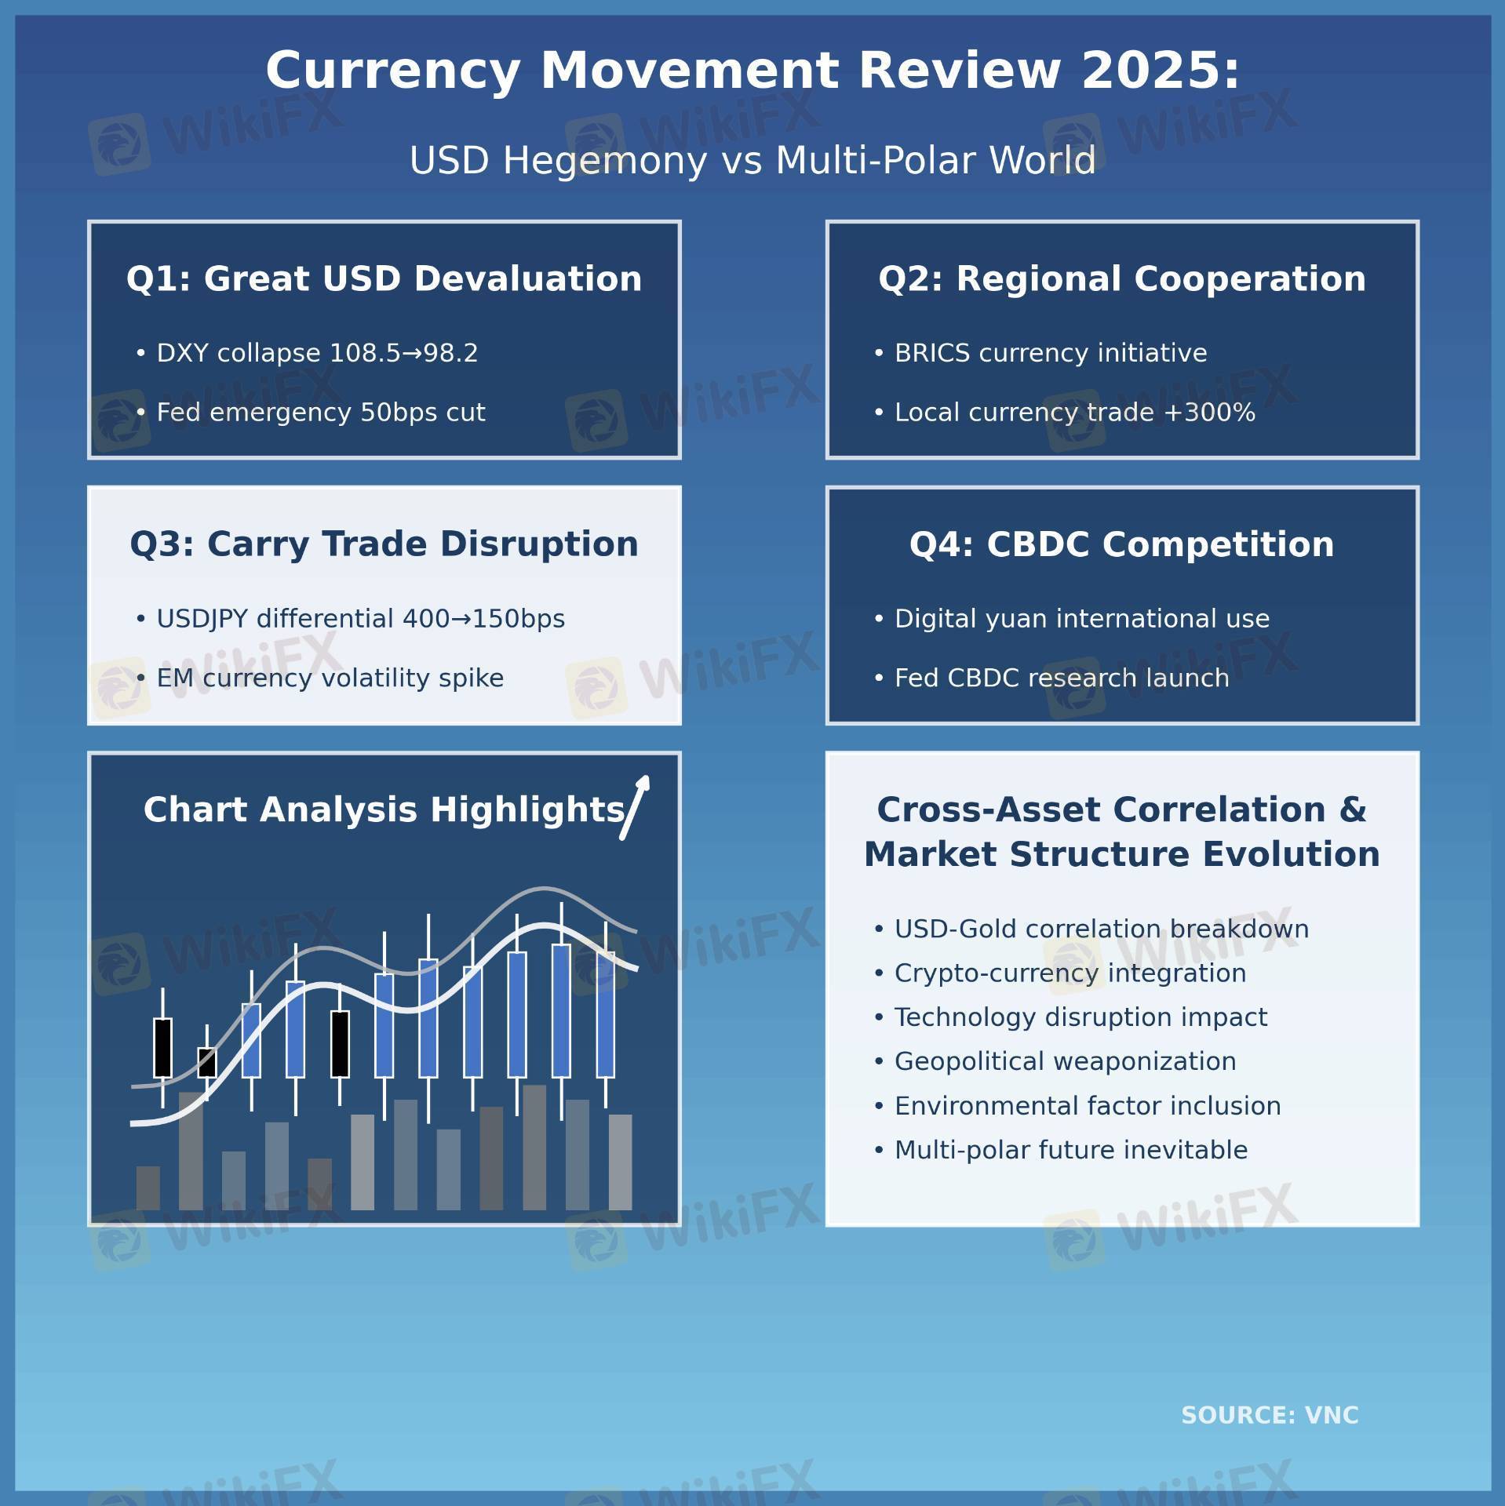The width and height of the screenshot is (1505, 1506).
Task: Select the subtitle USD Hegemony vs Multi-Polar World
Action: click(752, 161)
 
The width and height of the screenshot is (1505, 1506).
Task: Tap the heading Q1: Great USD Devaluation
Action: click(384, 279)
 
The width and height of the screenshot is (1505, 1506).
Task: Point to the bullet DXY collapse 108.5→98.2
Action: click(307, 353)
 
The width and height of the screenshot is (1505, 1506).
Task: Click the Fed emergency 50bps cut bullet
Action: click(311, 413)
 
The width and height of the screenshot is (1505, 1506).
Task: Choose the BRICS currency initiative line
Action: click(1040, 353)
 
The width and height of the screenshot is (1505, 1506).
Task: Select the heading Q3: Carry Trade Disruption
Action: click(384, 544)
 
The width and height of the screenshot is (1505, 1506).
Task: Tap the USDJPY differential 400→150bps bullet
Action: click(350, 619)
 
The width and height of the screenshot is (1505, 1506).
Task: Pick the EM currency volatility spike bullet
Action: click(319, 678)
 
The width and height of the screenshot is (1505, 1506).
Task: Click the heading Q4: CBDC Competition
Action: click(1122, 544)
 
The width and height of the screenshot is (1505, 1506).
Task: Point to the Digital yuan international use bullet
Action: click(1071, 619)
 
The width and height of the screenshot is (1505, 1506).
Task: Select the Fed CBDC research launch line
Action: click(1051, 678)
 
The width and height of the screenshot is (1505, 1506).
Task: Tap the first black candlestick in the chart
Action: click(162, 1048)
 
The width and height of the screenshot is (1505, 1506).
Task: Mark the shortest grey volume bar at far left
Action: click(148, 1188)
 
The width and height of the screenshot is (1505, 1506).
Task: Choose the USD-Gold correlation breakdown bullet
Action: click(1091, 929)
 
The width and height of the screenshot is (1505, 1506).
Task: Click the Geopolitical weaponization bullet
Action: click(1055, 1062)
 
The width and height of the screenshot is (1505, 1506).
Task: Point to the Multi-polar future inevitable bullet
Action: click(1061, 1151)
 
